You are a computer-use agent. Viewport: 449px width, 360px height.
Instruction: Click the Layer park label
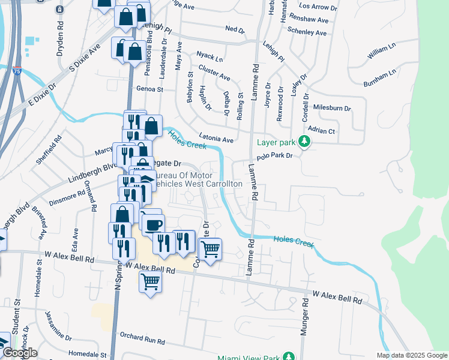tap(277, 143)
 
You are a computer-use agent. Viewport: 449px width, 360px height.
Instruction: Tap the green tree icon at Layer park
tap(305, 142)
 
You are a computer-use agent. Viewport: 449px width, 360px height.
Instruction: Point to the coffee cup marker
tap(154, 224)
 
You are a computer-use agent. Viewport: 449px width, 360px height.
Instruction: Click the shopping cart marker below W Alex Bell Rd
tap(150, 281)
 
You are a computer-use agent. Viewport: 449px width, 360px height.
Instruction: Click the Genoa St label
tap(150, 89)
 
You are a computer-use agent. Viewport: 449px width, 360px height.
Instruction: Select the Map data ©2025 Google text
tap(412, 355)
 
